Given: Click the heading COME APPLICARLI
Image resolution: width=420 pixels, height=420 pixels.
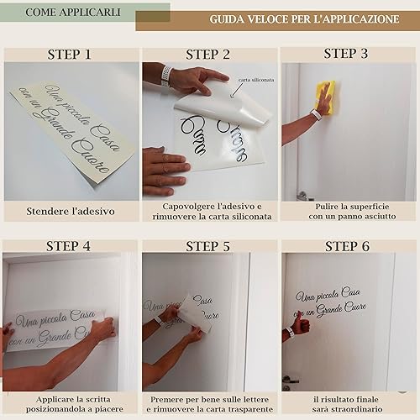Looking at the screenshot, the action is tap(73, 13).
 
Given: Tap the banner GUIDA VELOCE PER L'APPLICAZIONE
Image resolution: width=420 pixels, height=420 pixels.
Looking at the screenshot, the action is tap(304, 19).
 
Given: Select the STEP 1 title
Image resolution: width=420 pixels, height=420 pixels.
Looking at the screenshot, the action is tap(69, 55).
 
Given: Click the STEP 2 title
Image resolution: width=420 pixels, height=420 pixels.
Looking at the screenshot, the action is tap(207, 55).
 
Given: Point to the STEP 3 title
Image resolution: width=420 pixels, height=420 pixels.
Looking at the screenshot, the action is tap(346, 54).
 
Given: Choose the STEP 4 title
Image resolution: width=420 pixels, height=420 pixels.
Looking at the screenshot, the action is tap(68, 246).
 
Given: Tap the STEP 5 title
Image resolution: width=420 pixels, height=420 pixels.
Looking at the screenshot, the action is tap(207, 247).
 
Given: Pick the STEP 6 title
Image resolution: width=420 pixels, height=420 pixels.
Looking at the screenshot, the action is tap(347, 247).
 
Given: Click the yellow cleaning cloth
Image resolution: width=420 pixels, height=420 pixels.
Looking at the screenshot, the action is tap(326, 97).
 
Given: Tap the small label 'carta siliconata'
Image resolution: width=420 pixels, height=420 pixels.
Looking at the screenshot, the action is tap(256, 80).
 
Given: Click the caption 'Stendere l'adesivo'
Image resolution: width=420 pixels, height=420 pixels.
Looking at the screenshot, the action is tap(71, 212).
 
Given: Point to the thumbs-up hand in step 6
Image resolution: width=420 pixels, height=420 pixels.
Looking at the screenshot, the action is tap(301, 324).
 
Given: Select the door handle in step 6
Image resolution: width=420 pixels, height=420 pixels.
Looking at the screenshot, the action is tap(290, 381).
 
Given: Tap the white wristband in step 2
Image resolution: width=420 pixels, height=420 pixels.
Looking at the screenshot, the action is tap(166, 76).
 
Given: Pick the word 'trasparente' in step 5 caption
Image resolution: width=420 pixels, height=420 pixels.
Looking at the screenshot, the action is tap(250, 409).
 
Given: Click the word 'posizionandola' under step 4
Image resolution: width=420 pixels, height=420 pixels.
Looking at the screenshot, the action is tap(59, 409).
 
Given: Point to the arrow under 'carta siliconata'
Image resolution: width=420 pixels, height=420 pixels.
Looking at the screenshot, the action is tap(237, 90).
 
